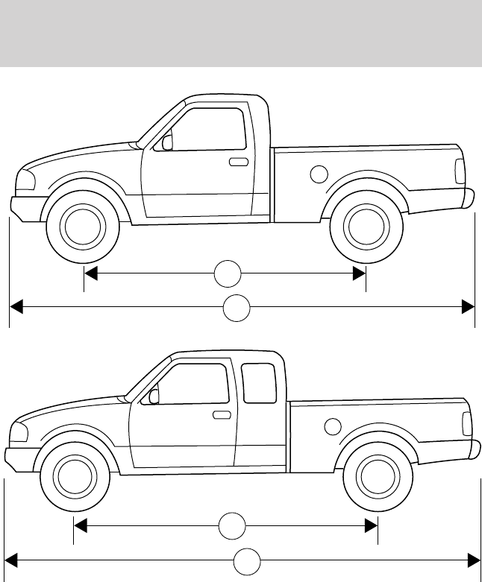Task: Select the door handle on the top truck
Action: coord(239,162)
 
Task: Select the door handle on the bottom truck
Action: coord(221,414)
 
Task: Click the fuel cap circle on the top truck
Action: coord(319,174)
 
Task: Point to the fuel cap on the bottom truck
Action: coord(333,427)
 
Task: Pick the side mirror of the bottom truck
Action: coord(154,396)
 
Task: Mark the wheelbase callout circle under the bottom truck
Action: coord(232,526)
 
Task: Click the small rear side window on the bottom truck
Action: coord(259,383)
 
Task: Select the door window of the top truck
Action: coord(210,129)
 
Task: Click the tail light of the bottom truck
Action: coord(466,423)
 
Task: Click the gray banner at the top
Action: coord(241,34)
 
